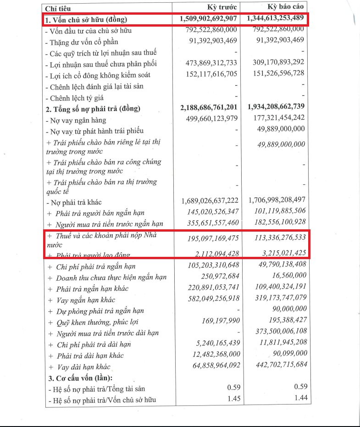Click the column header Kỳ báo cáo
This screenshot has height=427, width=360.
[x=285, y=8]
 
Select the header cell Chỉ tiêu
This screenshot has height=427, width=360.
[x=58, y=9]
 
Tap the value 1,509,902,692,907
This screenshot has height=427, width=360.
[x=210, y=19]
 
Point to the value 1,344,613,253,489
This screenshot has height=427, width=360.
[x=276, y=19]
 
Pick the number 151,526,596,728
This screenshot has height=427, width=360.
[x=278, y=74]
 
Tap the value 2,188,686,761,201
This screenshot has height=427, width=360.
[x=210, y=108]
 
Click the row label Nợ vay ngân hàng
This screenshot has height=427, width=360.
[x=76, y=120]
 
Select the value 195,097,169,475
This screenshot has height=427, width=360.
[x=213, y=238]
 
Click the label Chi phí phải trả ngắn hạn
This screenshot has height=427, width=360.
[x=95, y=266]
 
